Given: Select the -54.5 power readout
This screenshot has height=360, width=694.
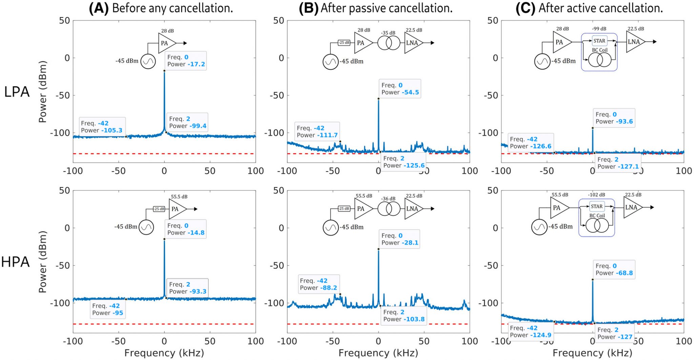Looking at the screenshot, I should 410,92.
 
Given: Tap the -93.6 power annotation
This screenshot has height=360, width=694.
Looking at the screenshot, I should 624,122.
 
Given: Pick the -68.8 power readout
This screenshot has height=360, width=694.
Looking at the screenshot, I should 624,273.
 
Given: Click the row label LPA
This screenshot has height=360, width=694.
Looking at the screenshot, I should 17,92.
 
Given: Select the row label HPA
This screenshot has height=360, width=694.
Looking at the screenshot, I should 16,262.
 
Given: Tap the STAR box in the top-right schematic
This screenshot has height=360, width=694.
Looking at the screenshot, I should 599,41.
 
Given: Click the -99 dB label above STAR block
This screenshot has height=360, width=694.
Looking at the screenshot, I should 599,29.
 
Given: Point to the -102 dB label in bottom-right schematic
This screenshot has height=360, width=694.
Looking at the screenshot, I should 596,195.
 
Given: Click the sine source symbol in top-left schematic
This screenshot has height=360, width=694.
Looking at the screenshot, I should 148,62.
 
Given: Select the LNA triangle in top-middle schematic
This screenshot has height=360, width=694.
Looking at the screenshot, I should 412,43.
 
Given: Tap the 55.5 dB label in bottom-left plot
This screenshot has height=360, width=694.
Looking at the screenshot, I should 179,197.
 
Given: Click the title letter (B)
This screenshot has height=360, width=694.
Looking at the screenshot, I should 308,8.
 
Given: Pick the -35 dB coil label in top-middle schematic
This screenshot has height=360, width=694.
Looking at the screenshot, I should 388,33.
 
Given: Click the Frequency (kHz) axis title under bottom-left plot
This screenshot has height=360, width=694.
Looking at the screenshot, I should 164,353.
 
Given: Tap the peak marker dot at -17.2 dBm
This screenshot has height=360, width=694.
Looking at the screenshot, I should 164,71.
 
